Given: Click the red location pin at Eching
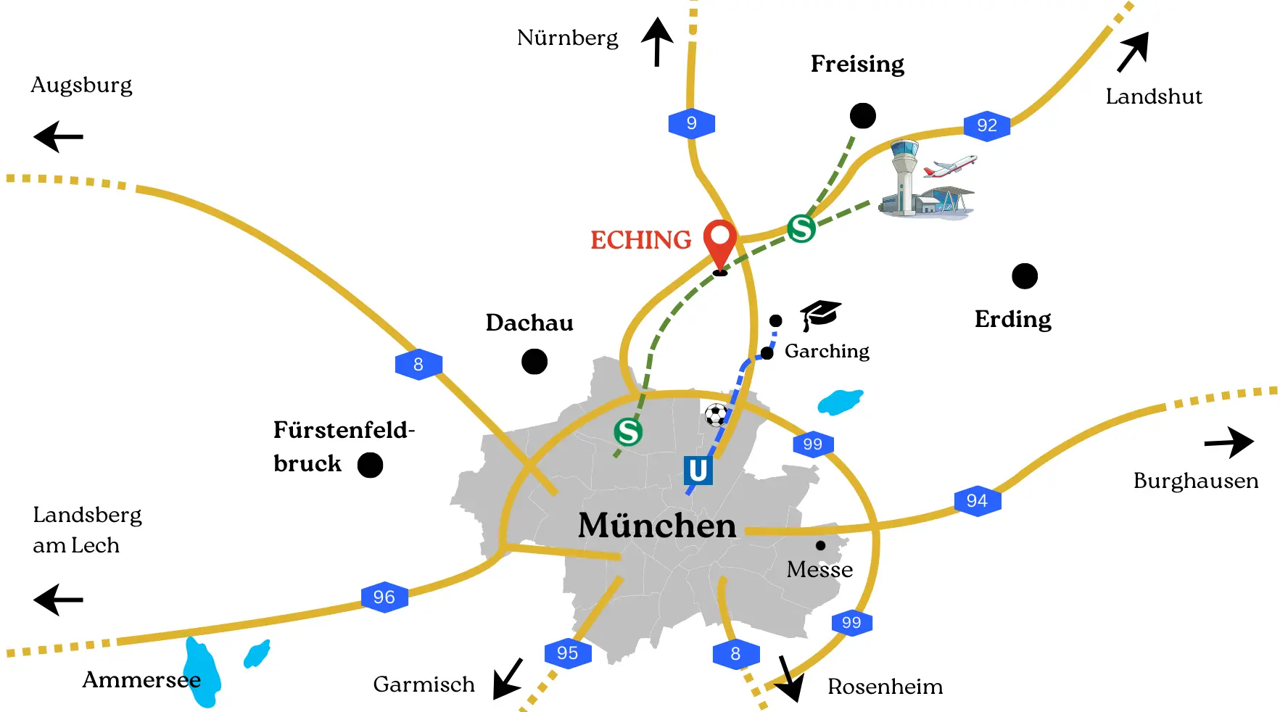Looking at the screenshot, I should [x=720, y=241].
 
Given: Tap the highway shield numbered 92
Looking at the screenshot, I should [x=986, y=125].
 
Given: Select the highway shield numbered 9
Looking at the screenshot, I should [x=691, y=123].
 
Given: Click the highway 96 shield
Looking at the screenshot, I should [x=384, y=597].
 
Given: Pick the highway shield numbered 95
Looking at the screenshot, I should [x=568, y=653].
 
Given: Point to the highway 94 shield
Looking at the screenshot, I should [x=977, y=500].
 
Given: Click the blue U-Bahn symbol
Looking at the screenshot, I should [x=698, y=470].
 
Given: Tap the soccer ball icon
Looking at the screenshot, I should [x=717, y=415].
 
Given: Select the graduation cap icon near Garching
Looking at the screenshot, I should [x=820, y=314].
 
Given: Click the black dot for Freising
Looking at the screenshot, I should [x=862, y=115].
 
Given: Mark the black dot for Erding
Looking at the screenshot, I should [x=1024, y=276].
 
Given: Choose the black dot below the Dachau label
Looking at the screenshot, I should [x=534, y=361].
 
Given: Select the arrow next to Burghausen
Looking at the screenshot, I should [x=1230, y=442].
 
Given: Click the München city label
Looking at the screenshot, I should [x=657, y=525].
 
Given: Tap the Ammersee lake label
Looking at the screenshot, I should [x=141, y=679].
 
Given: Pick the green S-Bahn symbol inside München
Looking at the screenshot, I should [x=628, y=432].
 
